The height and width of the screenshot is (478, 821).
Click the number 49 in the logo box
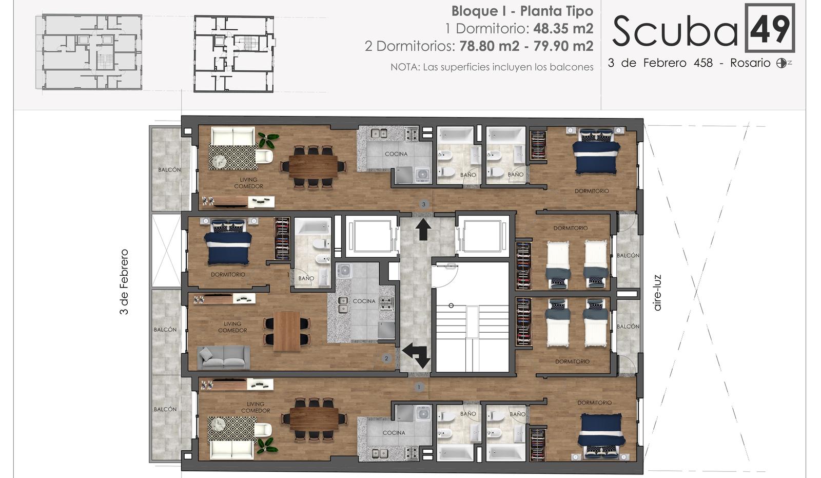tap(770, 29)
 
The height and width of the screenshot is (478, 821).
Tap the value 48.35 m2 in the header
tap(563, 29)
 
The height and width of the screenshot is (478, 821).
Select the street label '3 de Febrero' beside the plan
tap(124, 282)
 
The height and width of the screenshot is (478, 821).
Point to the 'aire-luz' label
tap(657, 293)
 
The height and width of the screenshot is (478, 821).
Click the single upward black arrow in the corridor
tap(423, 230)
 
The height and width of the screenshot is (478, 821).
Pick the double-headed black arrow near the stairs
tap(417, 355)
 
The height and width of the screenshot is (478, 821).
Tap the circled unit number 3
tap(424, 204)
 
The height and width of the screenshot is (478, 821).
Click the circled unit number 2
tap(386, 358)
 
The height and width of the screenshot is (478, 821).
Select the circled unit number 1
tap(419, 387)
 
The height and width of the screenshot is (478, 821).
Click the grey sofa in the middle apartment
tap(224, 357)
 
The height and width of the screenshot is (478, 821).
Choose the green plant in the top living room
tap(268, 140)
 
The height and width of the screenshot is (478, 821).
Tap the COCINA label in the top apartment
tap(396, 154)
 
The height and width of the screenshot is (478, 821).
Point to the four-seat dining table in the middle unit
tap(287, 331)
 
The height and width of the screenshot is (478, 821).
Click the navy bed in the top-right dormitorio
tap(596, 151)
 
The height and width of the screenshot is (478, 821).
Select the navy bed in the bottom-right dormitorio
tap(601, 435)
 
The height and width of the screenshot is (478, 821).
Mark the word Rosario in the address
tap(750, 63)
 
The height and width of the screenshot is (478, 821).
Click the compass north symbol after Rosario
tap(781, 63)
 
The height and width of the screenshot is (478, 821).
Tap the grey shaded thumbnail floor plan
tap(89, 52)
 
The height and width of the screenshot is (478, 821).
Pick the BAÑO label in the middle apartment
tap(306, 278)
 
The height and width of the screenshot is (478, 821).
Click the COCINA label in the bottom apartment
tap(394, 433)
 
